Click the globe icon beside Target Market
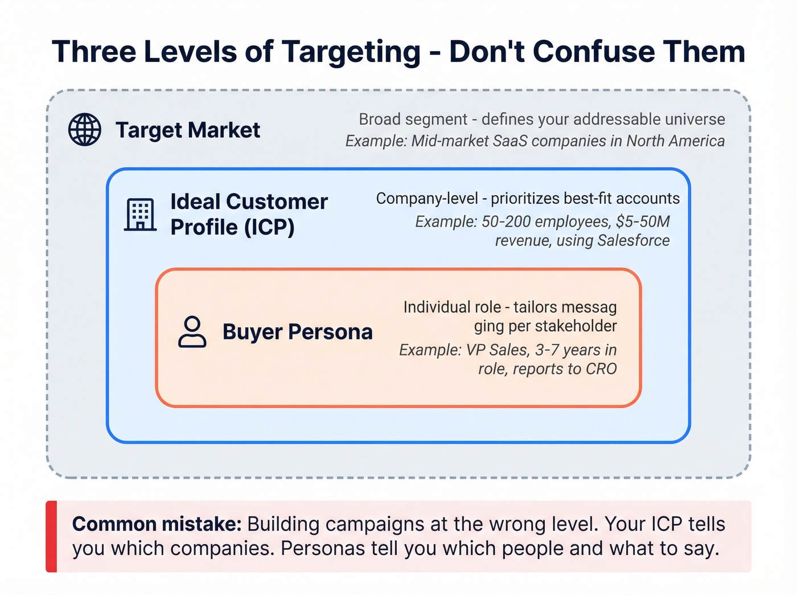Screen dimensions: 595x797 (x=85, y=129)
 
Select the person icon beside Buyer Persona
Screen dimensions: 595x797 (x=192, y=332)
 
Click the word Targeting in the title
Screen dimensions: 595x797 (x=351, y=52)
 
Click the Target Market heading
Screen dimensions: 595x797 (x=188, y=130)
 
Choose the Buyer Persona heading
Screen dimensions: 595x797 (x=297, y=332)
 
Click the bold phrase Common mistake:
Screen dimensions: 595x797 (x=157, y=524)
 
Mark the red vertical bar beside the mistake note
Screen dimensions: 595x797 (x=51, y=536)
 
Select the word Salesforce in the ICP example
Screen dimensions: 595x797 (x=634, y=241)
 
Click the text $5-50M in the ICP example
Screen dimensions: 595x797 (x=643, y=221)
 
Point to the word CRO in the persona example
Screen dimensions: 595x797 (x=601, y=369)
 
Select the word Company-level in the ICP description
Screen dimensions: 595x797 (x=427, y=199)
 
